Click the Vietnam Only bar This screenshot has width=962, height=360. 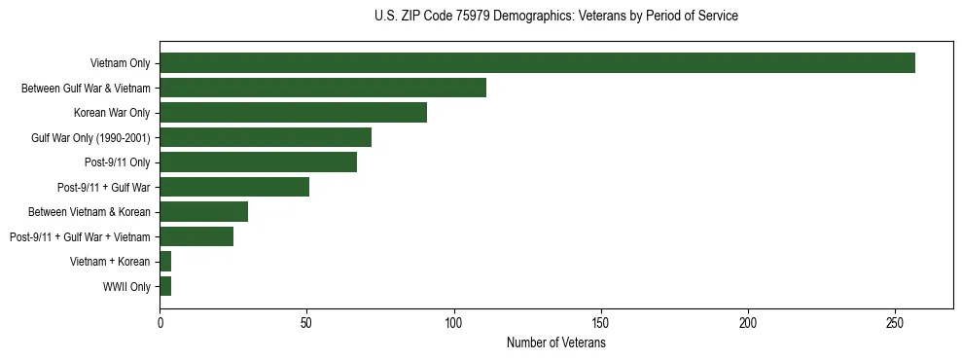point(537,63)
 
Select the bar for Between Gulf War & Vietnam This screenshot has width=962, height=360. point(323,88)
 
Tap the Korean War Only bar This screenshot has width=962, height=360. point(293,113)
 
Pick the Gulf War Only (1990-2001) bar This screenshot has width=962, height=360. point(266,137)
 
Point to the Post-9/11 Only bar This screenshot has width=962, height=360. point(258,162)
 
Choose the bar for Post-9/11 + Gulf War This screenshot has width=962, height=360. point(234,187)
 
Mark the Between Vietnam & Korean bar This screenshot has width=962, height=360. point(203,212)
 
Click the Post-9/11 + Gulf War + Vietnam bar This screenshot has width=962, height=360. point(196,236)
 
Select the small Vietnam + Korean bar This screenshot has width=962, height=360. point(165,262)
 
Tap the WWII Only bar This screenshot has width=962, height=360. point(165,286)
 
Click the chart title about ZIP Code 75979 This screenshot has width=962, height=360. point(556,17)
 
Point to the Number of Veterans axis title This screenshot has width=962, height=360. point(556,343)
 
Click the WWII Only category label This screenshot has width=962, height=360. point(126,287)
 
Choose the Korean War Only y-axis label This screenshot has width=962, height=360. point(112,113)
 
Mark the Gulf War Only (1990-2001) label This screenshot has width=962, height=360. point(90,138)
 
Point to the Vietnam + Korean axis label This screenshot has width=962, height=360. point(110,262)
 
